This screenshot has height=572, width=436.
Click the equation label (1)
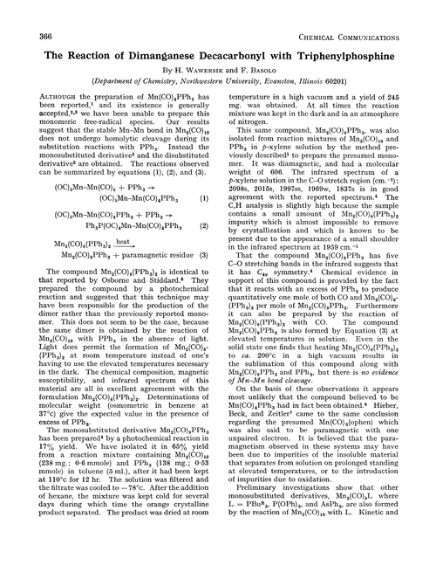(202, 198)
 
